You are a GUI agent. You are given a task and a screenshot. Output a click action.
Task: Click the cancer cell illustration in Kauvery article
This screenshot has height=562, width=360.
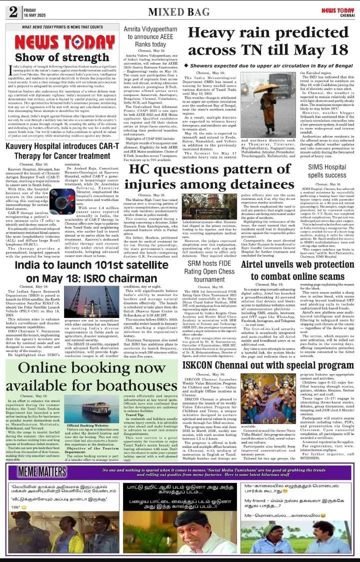pos(62,201)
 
